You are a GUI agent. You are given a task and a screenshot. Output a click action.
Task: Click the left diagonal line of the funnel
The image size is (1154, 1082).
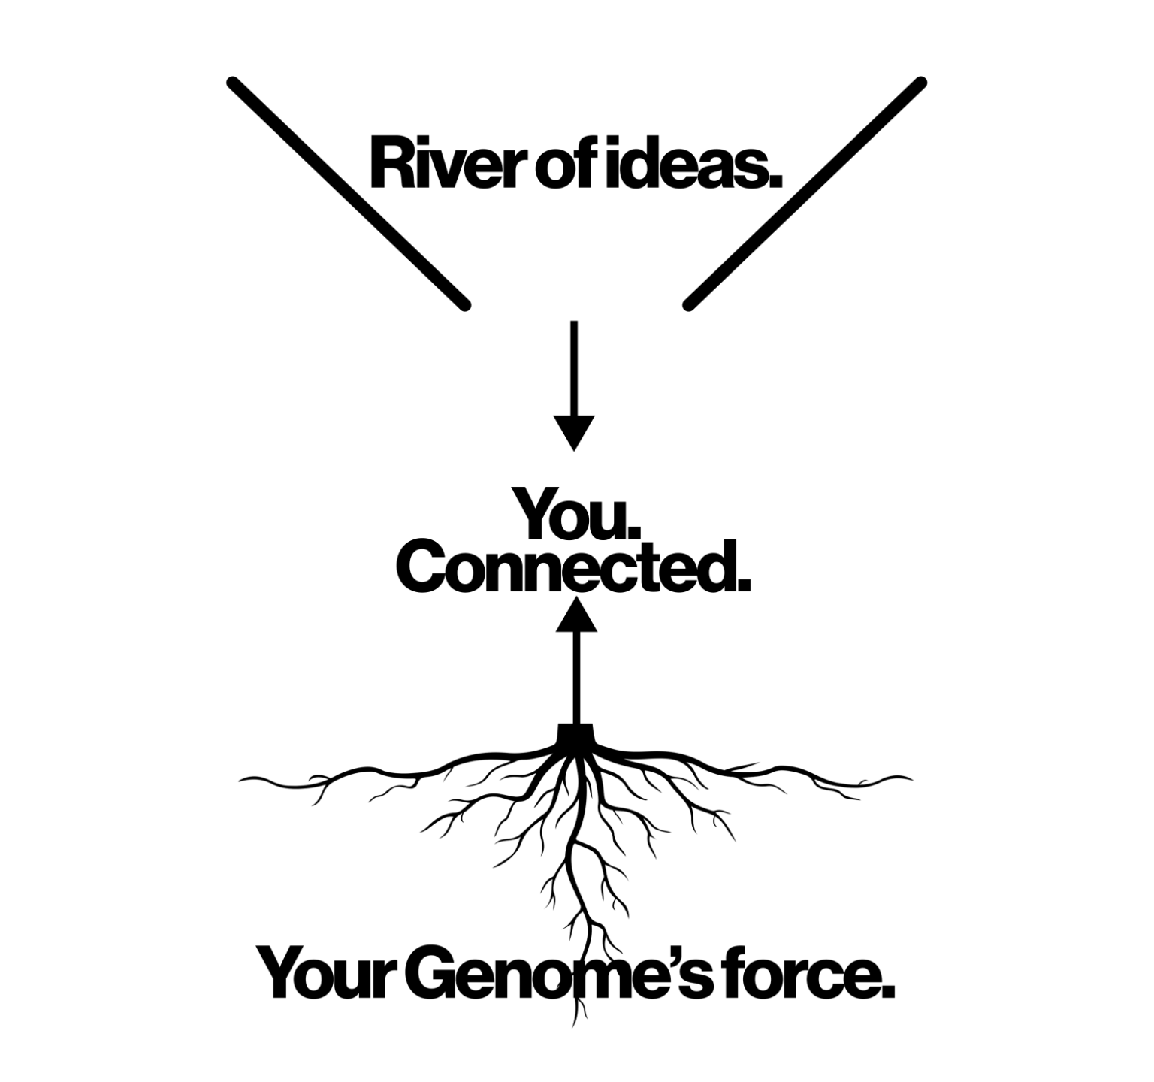point(348,193)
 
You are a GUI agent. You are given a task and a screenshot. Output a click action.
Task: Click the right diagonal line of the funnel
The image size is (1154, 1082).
point(805,193)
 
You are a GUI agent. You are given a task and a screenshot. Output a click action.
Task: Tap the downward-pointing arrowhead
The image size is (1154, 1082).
point(574,431)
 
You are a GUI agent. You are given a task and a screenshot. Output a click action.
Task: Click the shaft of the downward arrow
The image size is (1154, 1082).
point(574,368)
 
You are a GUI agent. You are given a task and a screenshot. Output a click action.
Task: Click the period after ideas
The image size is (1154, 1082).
point(775,181)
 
